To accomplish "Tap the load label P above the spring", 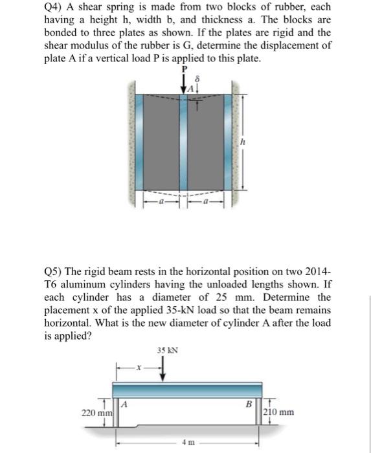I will coord(184,69).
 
